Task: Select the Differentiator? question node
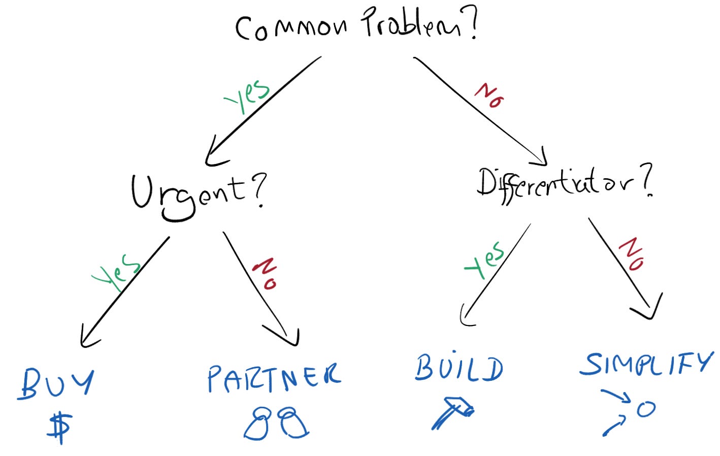[564, 184]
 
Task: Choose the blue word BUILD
[459, 368]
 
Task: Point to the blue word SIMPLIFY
[646, 364]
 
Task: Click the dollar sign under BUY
[59, 427]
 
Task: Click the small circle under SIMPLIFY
[646, 409]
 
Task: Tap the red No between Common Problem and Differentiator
[489, 95]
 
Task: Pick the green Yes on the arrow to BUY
[116, 272]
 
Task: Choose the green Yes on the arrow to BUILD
[484, 260]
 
